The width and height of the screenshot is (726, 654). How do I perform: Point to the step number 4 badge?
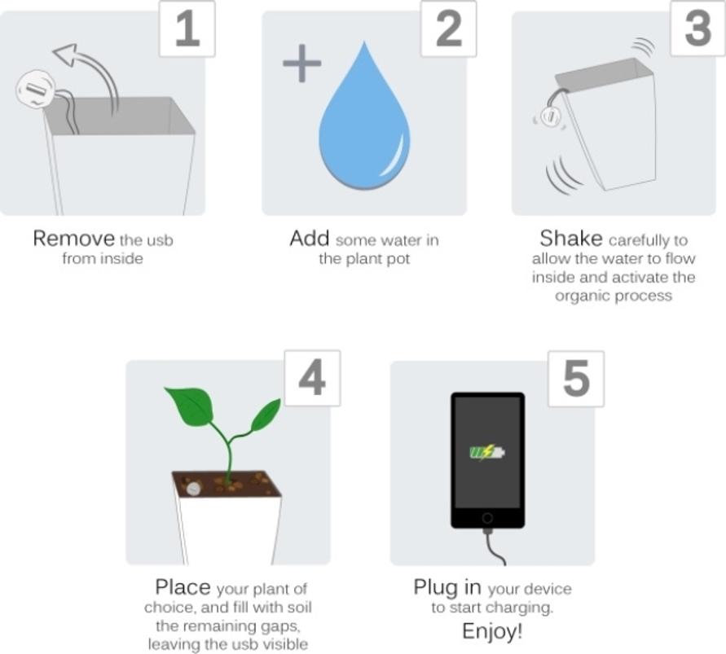[312, 379]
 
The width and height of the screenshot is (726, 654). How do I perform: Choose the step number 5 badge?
[575, 379]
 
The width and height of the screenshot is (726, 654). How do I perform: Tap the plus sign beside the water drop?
[301, 64]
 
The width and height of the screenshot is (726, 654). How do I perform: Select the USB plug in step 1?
[35, 88]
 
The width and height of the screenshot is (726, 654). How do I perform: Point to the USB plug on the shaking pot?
[550, 117]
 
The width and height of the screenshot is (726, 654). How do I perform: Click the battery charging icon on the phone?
[486, 451]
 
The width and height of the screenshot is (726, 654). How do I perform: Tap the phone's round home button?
[487, 518]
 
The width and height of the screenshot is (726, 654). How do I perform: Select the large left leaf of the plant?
[189, 405]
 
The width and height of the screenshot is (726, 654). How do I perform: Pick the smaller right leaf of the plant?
[266, 415]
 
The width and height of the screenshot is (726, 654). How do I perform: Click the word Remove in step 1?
[73, 239]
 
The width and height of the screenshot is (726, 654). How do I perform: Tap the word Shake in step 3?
[571, 239]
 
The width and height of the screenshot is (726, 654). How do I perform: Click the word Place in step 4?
[183, 587]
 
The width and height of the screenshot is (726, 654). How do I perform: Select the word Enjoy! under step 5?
[492, 631]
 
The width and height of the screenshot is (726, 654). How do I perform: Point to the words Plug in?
[448, 587]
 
